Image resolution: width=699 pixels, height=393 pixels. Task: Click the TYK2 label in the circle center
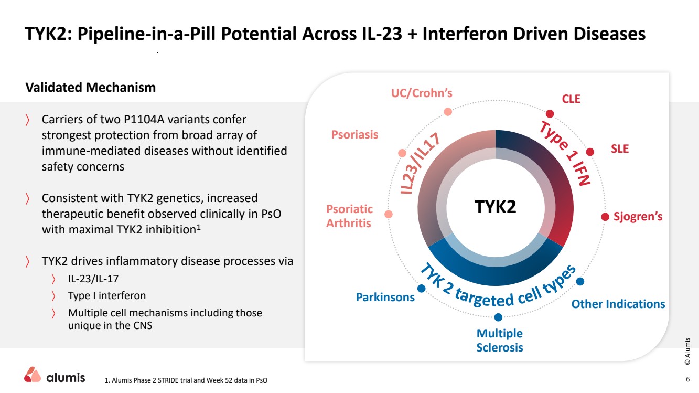tap(495, 207)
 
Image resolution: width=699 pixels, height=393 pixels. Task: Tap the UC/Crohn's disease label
tap(422, 93)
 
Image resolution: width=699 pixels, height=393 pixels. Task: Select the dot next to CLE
tap(550, 113)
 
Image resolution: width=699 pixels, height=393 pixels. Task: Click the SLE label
tap(619, 148)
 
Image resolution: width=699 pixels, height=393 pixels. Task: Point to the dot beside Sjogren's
tap(605, 217)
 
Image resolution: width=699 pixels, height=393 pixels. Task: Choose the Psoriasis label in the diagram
tap(354, 135)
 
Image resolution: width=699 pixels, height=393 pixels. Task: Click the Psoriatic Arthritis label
tap(349, 216)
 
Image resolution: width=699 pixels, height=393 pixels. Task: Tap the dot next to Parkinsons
tap(421, 288)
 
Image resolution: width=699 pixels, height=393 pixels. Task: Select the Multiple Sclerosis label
tap(499, 340)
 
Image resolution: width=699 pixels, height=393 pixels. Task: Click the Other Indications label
tap(618, 304)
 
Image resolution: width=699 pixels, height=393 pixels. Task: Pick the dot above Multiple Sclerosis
tap(498, 317)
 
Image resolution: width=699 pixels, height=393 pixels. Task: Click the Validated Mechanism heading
tap(91, 88)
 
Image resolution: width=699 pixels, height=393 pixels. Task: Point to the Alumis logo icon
tap(33, 374)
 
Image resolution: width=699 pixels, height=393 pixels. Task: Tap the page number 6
tap(687, 379)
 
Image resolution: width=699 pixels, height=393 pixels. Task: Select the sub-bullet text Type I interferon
tap(106, 295)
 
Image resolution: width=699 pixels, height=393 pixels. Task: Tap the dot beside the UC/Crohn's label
tap(448, 111)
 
